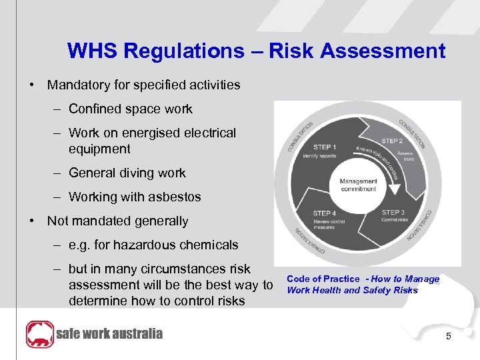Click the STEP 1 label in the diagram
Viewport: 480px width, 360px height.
325,147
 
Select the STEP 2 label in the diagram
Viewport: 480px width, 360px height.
392,141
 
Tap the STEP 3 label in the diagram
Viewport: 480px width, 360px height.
393,211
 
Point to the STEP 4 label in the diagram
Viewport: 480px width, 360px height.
325,213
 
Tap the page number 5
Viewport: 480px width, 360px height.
449,337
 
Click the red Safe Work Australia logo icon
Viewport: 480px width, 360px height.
39,334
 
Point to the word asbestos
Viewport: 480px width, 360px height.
175,197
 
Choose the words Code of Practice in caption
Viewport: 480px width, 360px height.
323,279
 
